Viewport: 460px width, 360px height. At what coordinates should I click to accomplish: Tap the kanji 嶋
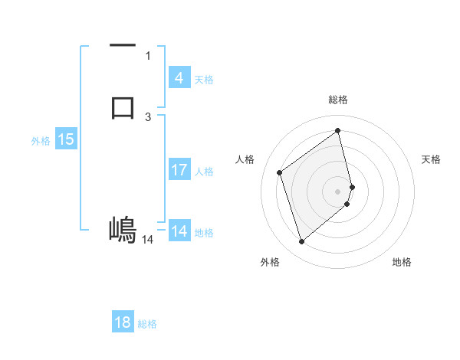point(123,229)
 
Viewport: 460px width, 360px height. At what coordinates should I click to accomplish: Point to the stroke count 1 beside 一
point(148,56)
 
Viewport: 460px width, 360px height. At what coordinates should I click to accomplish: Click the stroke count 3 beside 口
point(148,116)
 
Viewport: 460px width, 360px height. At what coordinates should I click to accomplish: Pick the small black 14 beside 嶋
point(147,240)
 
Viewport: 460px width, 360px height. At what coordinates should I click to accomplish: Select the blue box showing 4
point(179,78)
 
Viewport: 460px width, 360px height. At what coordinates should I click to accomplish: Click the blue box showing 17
point(179,170)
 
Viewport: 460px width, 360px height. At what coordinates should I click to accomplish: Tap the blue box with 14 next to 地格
point(179,231)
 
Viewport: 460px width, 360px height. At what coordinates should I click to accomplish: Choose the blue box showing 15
point(66,139)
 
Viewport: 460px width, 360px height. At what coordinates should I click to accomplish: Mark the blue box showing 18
point(123,322)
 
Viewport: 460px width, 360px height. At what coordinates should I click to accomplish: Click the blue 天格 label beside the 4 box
point(204,79)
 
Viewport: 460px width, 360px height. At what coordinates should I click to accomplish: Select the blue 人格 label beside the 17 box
point(205,172)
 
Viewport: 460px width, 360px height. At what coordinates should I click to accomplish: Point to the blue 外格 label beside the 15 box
point(41,141)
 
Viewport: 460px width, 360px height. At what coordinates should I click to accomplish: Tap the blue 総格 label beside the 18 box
point(147,324)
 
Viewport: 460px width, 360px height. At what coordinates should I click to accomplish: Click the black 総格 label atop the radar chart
point(337,100)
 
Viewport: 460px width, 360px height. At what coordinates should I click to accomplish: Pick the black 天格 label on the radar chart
point(431,159)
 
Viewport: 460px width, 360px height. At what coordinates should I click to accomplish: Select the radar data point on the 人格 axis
point(280,172)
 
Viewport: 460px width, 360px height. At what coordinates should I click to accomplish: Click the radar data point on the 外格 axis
point(301,242)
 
